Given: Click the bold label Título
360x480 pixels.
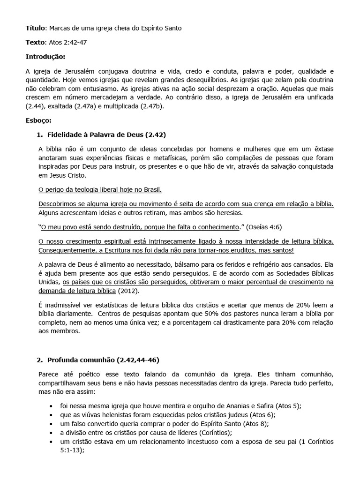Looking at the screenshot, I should click(x=35, y=29).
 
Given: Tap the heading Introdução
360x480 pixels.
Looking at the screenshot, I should click(x=45, y=57).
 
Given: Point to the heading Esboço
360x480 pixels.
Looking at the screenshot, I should click(x=38, y=120).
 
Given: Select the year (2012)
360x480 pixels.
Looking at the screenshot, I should click(x=128, y=290).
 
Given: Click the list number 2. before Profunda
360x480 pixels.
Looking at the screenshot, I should click(x=39, y=360).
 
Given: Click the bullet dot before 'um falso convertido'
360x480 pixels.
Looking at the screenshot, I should click(x=51, y=424).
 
